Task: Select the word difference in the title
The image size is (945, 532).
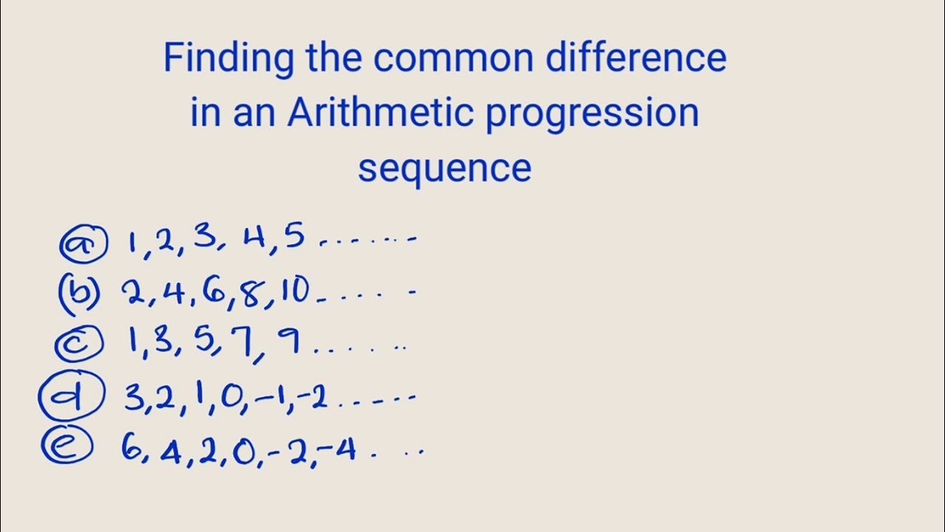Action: [636, 58]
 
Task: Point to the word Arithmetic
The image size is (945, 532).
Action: [380, 112]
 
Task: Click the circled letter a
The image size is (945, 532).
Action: [83, 244]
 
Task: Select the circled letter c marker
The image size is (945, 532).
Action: [79, 343]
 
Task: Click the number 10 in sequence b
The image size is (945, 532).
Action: [295, 292]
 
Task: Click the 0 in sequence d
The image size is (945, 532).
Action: [230, 399]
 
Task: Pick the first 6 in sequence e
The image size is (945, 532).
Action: [132, 449]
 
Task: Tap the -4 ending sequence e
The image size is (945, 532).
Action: [340, 449]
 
